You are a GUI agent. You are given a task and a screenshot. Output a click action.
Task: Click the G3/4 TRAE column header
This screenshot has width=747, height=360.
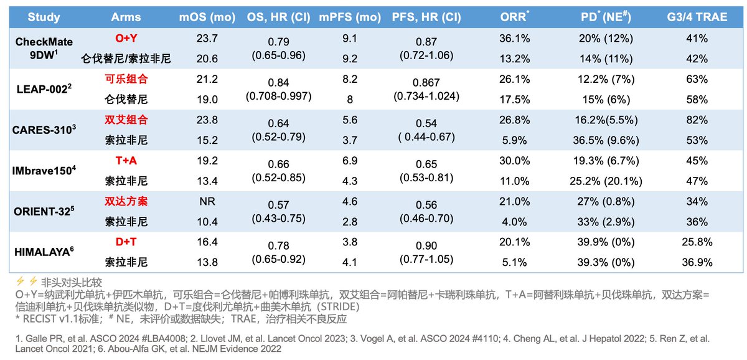pos(697,17)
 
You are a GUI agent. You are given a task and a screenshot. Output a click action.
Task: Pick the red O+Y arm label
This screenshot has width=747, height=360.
pos(126,39)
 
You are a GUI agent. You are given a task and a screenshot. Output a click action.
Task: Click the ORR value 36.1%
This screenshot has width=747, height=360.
pos(515,39)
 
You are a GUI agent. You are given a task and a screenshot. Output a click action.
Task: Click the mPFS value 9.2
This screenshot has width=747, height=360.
pos(349,59)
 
